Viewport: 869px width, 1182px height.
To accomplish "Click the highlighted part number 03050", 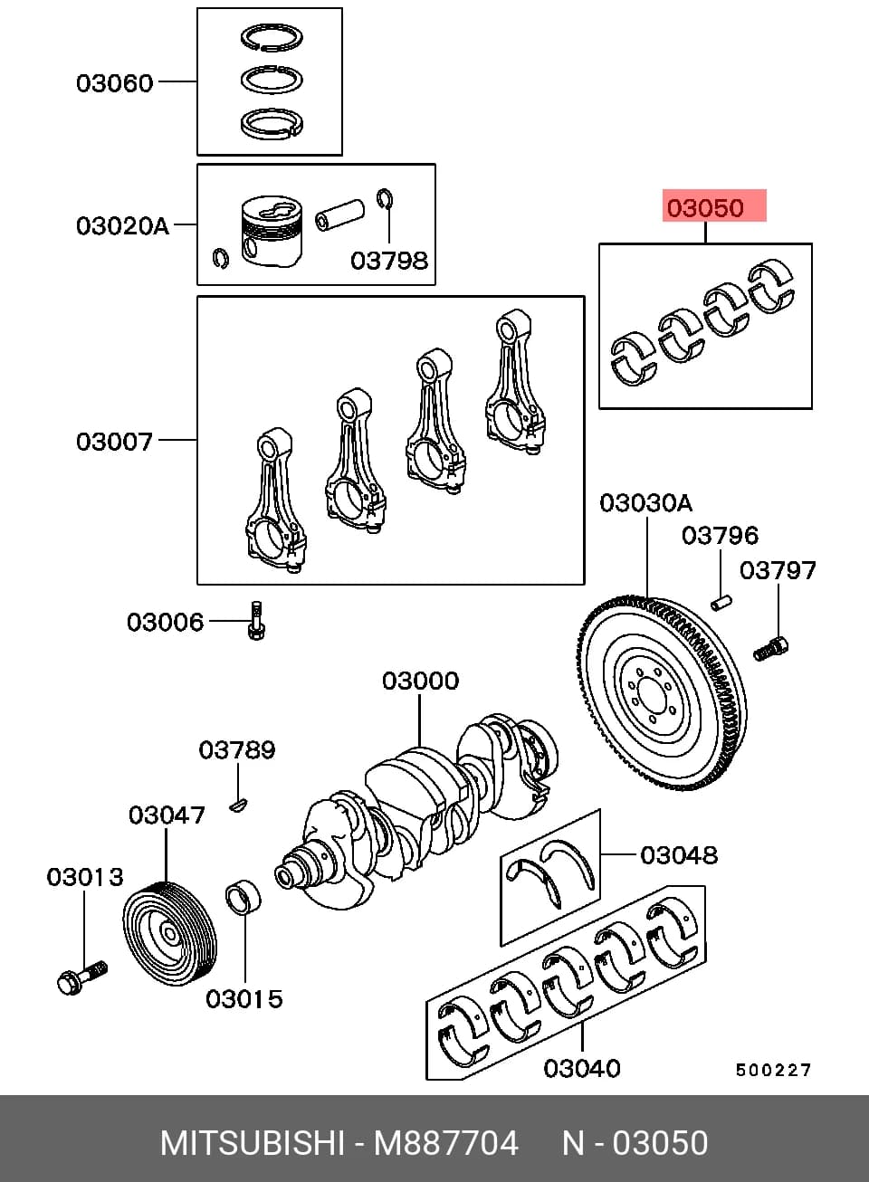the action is click(705, 207).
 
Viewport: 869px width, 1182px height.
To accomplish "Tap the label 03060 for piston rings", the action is click(114, 83).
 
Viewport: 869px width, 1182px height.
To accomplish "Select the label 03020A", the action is click(122, 226).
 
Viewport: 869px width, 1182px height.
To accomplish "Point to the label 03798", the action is click(389, 261).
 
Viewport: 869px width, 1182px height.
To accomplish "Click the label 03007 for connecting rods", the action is click(114, 442).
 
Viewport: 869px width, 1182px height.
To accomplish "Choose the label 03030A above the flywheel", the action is click(645, 503).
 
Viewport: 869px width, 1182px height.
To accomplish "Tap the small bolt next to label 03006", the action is click(256, 621).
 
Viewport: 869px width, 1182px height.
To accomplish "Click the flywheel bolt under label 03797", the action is click(771, 649).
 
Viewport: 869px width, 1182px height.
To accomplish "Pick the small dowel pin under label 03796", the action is click(721, 602).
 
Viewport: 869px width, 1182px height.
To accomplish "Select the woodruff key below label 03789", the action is click(238, 805).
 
